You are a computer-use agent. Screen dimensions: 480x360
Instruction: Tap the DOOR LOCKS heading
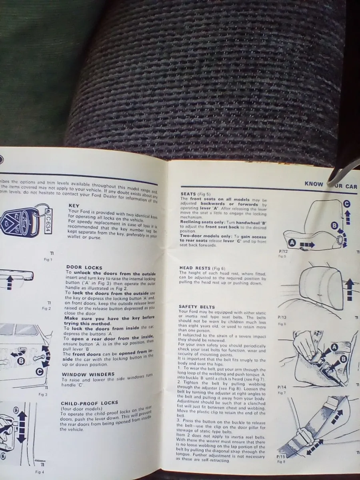[84, 267]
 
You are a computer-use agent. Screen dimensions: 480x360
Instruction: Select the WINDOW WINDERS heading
[88, 374]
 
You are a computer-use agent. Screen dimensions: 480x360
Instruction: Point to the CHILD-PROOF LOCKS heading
[90, 403]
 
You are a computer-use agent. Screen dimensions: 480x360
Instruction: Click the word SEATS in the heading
[189, 194]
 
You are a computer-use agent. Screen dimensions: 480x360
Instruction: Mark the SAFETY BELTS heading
[197, 306]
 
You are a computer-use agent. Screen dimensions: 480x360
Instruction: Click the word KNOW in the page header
[314, 184]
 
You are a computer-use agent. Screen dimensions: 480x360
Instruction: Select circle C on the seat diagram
[346, 204]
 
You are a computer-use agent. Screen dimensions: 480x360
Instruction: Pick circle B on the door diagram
[21, 361]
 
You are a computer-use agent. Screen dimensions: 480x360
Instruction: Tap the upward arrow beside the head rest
[350, 288]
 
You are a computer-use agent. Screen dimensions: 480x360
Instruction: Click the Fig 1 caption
[48, 260]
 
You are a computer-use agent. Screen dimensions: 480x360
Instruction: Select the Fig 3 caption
[43, 394]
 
